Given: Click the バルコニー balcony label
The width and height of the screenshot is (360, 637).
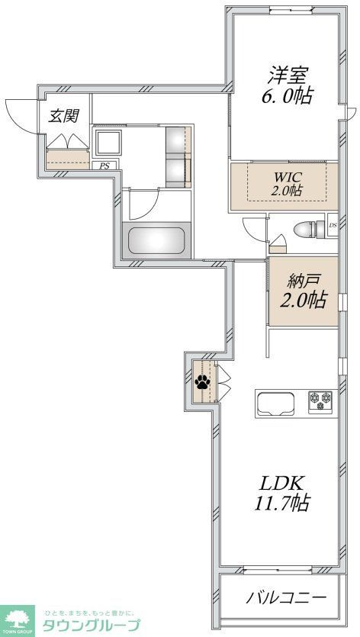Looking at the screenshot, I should click(286, 597).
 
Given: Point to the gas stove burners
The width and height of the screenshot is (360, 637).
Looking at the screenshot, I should click(322, 399).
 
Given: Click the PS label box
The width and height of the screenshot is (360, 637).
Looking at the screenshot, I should click(101, 165).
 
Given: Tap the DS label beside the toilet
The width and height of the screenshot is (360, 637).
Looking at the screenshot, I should click(333, 226).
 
